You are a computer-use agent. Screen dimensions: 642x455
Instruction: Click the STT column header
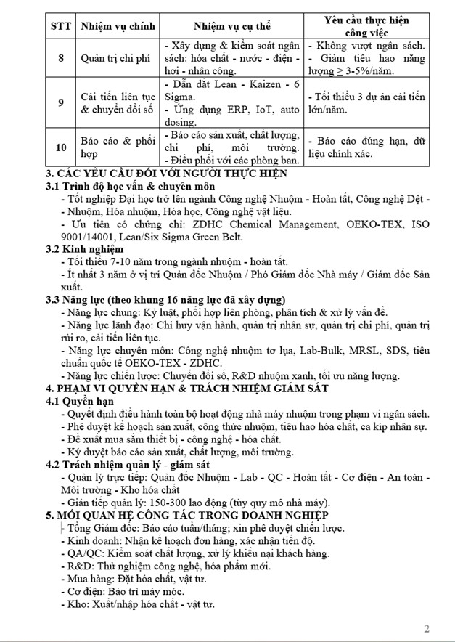(60, 26)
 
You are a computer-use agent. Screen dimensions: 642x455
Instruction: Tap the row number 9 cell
(60, 102)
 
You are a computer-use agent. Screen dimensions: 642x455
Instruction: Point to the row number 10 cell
(60, 147)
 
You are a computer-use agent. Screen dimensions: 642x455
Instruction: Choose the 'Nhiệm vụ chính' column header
(117, 26)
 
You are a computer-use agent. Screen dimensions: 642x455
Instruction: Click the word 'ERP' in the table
(240, 110)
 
